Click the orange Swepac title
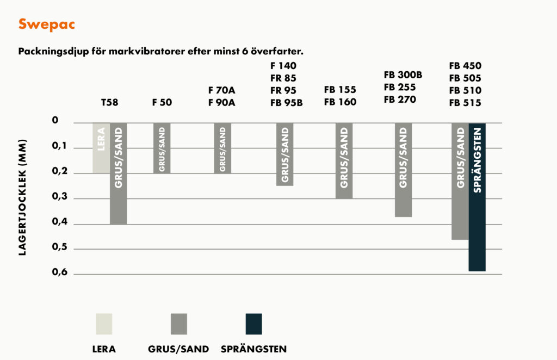pos(46,24)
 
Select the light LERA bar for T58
pos(101,148)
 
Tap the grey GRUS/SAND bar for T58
pos(118,173)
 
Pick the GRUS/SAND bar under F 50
pos(162,148)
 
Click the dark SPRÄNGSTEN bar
pos(476,197)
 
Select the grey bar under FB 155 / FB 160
pos(344,160)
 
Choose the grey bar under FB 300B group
pos(403,170)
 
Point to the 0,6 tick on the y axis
pos(60,272)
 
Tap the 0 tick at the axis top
pos(55,121)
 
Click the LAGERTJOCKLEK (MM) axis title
pos(23,198)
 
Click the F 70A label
pos(221,90)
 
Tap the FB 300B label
pos(403,75)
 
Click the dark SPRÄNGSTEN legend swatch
pos(253,324)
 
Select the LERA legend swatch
pos(103,324)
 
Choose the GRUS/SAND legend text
pos(178,349)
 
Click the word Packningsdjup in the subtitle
pos(50,52)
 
